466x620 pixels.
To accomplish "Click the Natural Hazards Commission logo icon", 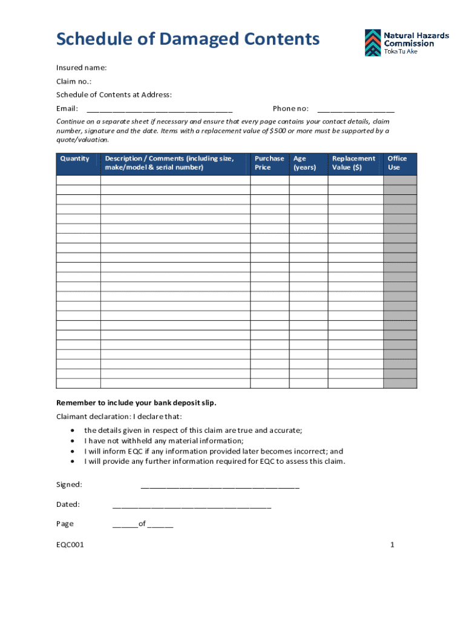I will [373, 42].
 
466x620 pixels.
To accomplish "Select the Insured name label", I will [81, 67].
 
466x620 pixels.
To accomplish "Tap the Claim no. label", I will [74, 81].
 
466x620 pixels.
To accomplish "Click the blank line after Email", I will [159, 110].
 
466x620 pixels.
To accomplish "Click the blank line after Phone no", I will [355, 110].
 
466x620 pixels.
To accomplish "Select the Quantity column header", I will [75, 159].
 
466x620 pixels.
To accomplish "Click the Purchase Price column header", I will [269, 163].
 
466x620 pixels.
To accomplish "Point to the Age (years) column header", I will [304, 163].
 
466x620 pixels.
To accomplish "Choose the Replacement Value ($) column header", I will [353, 163].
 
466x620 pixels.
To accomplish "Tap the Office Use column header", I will [397, 163].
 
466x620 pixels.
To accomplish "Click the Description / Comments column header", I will [169, 163].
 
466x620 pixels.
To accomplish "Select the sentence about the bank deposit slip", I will [136, 403].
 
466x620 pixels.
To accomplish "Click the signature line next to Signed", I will [220, 486].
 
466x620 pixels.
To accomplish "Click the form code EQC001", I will [70, 545].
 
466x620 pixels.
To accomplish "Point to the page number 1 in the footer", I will [392, 545].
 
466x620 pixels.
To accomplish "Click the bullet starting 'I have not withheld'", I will [163, 441].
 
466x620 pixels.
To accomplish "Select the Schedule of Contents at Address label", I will [114, 94].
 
